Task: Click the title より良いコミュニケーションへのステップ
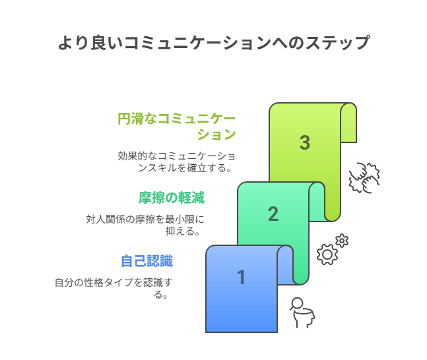pos(214,43)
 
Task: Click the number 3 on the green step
pos(305,142)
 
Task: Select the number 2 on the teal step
pos(273,214)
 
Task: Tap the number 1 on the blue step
pos(242,278)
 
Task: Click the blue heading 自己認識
pos(147,261)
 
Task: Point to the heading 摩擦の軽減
pos(172,198)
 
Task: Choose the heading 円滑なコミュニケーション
pos(176,127)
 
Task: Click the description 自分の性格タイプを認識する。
pos(114,288)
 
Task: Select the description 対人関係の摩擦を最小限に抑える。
pos(145,225)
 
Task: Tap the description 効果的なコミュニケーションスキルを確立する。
pos(176,162)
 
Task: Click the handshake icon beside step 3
pos(364,178)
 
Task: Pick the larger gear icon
pos(327,255)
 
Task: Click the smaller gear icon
pos(342,241)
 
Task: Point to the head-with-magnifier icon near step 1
pos(302,313)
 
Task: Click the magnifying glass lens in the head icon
pos(297,303)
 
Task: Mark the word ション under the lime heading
pos(216,134)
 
